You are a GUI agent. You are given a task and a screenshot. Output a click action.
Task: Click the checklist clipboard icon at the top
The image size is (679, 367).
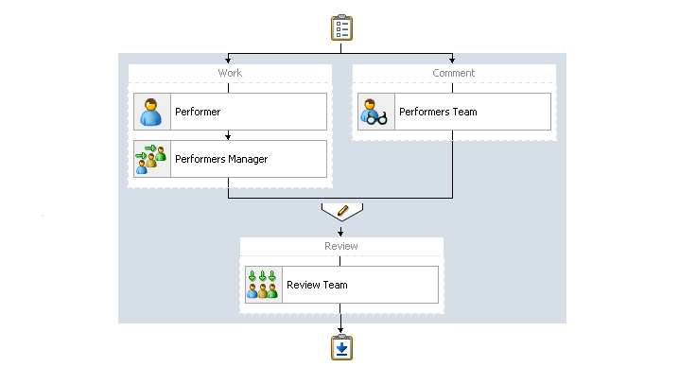341,27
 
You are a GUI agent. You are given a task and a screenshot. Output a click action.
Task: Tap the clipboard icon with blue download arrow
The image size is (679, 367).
341,347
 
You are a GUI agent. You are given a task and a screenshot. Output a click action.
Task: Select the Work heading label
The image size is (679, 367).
230,73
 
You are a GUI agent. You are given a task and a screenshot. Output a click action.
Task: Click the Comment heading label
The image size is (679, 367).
453,73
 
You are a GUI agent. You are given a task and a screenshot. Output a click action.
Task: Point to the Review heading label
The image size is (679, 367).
341,246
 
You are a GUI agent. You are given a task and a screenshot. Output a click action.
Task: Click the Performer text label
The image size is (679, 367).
198,112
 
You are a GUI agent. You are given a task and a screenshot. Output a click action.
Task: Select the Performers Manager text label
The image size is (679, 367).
221,159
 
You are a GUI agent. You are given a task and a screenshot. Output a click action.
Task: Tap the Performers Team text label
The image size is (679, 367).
438,112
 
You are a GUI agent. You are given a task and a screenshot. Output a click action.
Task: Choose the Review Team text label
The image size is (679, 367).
317,285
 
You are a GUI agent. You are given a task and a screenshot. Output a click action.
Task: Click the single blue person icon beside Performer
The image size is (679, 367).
151,112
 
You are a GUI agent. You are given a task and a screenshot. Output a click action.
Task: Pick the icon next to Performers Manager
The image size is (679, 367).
151,159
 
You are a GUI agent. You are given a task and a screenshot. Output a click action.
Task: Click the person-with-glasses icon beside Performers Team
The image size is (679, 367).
375,112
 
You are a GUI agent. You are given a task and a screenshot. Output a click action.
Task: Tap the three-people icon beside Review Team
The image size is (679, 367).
262,285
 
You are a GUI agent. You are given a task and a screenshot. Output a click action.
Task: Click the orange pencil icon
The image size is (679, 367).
342,211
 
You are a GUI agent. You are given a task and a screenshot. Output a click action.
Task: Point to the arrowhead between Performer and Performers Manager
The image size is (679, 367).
228,136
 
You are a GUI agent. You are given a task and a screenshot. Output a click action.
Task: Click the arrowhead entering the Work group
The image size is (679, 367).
228,60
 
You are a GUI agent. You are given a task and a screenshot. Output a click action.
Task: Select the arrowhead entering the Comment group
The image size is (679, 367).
452,60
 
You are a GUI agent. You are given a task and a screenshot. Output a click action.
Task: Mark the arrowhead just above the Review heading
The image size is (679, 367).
340,233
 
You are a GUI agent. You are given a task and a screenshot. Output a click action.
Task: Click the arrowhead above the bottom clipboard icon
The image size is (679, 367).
340,330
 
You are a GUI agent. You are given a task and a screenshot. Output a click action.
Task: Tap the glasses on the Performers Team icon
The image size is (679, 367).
376,118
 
